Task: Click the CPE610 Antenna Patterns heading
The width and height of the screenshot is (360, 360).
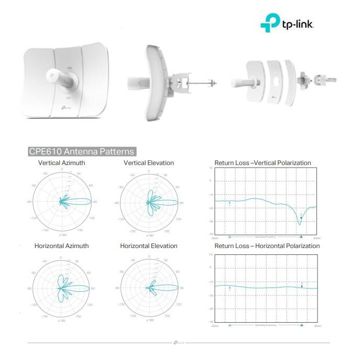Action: point(81,151)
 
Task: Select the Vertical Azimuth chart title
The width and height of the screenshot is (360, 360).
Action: point(61,163)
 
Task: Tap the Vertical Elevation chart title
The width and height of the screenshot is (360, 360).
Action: point(149,163)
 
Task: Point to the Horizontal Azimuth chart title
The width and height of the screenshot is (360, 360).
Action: point(61,246)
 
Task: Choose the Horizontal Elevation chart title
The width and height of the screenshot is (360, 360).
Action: point(149,246)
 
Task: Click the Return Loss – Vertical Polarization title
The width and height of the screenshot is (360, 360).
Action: point(263,163)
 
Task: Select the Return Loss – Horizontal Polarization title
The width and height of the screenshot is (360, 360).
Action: point(267,246)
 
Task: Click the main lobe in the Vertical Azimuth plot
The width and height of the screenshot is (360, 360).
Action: point(81,202)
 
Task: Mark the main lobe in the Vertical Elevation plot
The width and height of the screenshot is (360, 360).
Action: point(168,202)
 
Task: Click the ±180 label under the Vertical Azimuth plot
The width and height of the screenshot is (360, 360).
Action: point(61,235)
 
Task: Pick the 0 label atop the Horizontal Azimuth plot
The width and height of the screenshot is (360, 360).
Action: point(61,258)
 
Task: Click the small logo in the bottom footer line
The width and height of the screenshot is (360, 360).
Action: point(179,343)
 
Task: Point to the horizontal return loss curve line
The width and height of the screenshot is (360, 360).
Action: point(263,287)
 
